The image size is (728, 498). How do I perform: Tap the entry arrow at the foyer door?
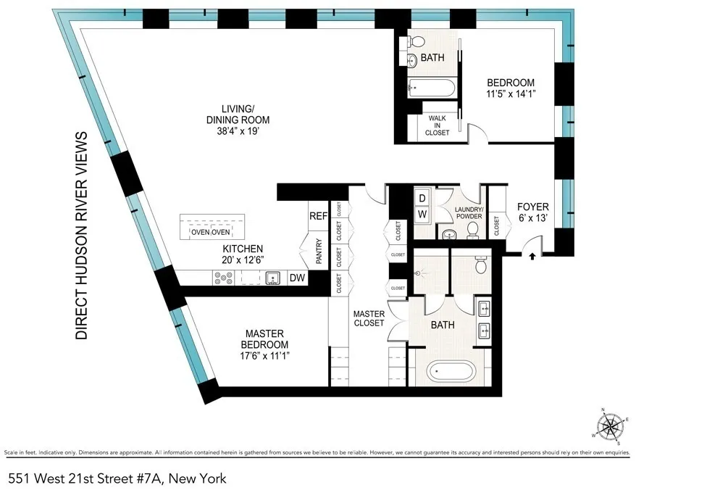coord(534,255)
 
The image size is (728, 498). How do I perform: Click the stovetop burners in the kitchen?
coord(223,277)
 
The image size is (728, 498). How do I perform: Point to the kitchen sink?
coord(273,277)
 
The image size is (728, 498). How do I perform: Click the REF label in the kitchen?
coord(319,215)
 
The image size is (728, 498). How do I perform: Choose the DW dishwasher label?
coord(297,277)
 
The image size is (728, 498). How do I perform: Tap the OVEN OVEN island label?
coord(210,232)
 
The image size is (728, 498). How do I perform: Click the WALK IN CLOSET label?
coord(438,125)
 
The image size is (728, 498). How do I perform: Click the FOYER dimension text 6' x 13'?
coord(532,220)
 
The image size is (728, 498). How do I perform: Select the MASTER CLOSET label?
coord(369,318)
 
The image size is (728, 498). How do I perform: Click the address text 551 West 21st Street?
coord(117,478)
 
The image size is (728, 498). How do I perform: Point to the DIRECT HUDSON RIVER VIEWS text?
coord(82,236)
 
